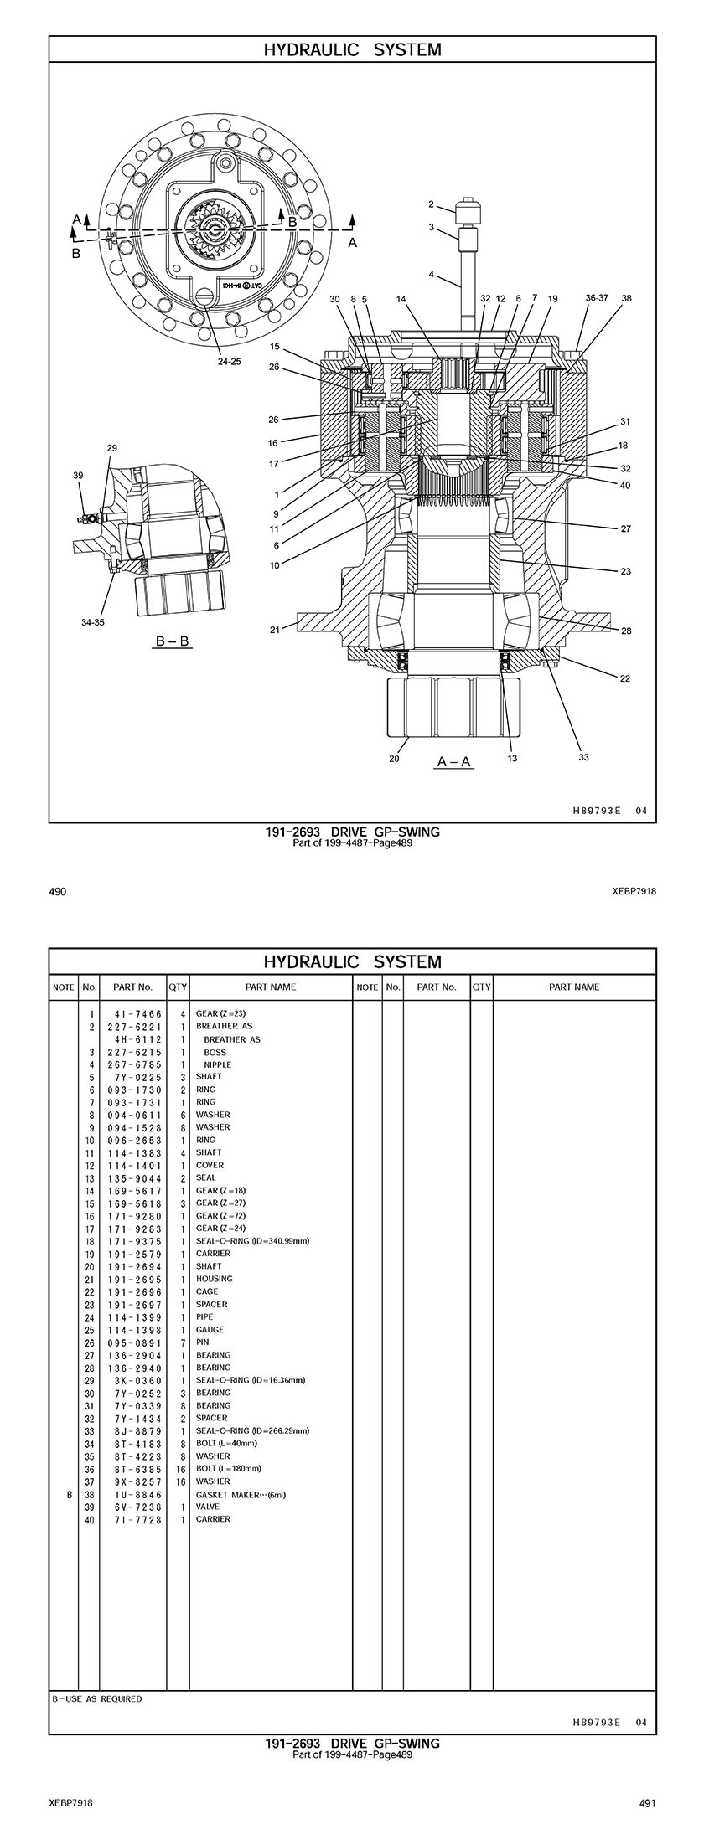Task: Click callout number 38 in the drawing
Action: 627,298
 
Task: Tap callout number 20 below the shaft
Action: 394,759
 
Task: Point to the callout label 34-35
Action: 93,622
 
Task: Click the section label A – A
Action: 454,762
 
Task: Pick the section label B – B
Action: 173,641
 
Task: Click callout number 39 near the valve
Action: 78,476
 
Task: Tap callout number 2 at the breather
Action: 431,204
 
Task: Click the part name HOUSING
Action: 215,1279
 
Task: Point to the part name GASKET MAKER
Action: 230,1494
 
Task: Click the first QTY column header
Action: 178,987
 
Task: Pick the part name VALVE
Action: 208,1507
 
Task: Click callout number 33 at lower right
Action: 583,757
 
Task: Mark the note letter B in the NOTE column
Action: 64,1494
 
